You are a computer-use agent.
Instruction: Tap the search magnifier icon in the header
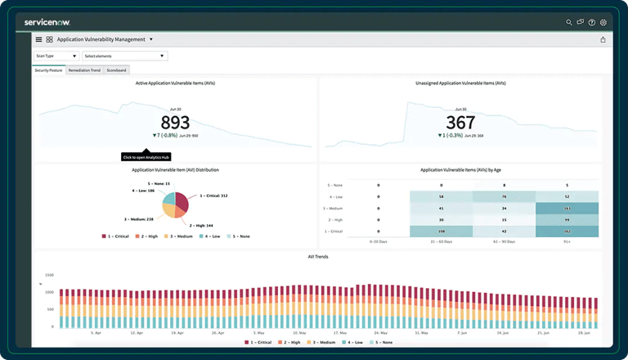coord(569,22)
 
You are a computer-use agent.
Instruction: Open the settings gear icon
coord(603,22)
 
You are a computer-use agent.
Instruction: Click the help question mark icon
coord(591,22)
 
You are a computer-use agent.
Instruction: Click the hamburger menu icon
coord(38,39)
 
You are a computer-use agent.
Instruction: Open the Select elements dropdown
coord(124,56)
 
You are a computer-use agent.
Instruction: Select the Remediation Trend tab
coord(84,70)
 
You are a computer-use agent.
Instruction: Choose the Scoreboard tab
coord(117,70)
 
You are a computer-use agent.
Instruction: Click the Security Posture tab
coord(49,70)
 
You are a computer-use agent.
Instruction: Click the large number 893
coord(175,123)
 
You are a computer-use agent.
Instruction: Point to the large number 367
coord(460,123)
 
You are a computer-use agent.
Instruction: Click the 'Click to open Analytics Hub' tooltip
coord(145,156)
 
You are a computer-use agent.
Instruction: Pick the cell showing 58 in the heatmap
coord(441,197)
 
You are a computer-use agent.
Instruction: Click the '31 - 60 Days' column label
coord(441,242)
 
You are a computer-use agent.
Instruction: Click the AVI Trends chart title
coord(316,257)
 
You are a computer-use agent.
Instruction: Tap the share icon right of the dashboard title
coord(603,39)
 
